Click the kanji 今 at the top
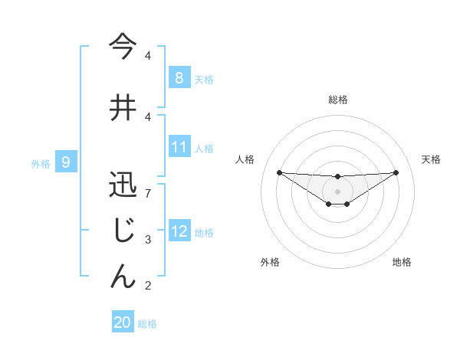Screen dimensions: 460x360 click(x=123, y=47)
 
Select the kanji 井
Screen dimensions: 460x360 click(x=123, y=108)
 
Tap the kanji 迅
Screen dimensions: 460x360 click(x=123, y=185)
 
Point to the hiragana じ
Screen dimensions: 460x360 click(x=123, y=231)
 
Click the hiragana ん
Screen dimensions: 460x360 click(x=123, y=276)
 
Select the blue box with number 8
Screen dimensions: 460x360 click(x=179, y=77)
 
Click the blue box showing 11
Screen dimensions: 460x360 click(x=179, y=146)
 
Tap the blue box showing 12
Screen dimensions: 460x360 click(x=179, y=231)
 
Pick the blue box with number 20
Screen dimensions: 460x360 click(x=123, y=322)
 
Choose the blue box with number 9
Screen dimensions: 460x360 click(x=67, y=162)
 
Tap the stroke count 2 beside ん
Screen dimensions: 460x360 click(x=148, y=286)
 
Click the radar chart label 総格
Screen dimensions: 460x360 click(x=337, y=100)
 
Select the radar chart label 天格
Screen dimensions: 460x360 click(x=432, y=159)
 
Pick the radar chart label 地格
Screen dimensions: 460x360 click(x=402, y=262)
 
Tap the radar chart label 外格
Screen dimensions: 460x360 click(x=270, y=262)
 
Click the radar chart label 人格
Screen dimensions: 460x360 click(x=245, y=159)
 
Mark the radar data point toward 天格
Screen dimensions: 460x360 click(x=396, y=172)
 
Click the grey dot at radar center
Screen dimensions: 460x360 click(x=337, y=191)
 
